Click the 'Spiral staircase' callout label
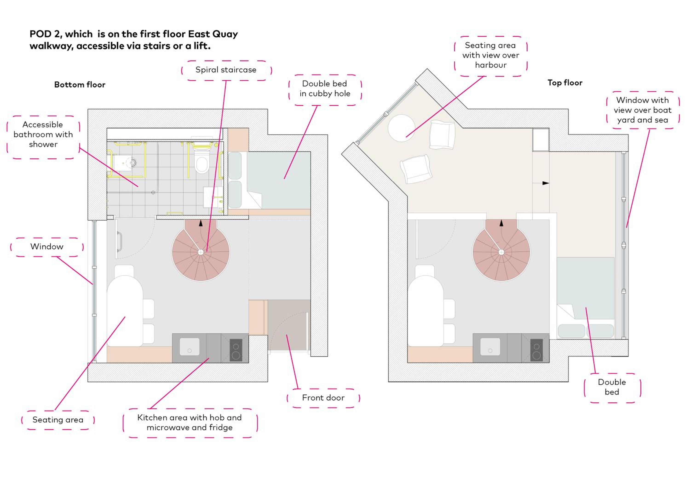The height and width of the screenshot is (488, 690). pos(226,70)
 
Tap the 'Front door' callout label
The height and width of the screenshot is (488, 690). pos(323,398)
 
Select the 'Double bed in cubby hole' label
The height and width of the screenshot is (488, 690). pos(325,89)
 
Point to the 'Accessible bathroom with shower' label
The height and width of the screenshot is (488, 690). pos(43,134)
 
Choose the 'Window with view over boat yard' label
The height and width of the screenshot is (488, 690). pos(643,110)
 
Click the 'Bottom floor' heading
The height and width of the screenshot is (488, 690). pos(80,85)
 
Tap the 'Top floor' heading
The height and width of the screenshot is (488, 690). pos(565,83)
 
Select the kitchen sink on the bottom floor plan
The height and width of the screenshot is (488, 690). pos(189,347)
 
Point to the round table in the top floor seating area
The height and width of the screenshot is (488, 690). pos(402,128)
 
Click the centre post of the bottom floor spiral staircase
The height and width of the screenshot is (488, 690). pos(201,252)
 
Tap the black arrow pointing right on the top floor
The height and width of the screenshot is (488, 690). pos(546,183)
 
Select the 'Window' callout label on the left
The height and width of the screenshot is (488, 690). pos(47,247)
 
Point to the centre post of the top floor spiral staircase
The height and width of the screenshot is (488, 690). pos(501,252)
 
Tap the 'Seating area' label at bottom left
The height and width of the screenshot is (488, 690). pos(58,420)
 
